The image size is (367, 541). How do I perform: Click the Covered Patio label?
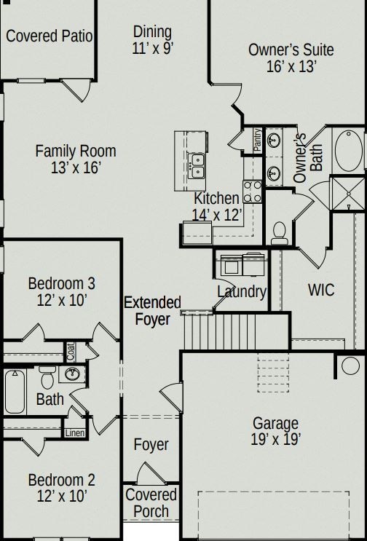49,36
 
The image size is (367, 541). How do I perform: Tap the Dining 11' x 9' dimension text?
153,49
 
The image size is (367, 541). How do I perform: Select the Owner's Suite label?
291,50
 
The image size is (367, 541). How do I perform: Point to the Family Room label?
76,151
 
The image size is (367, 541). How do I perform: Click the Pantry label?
257,139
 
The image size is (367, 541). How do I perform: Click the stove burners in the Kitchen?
253,191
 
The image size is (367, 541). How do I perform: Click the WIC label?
320,290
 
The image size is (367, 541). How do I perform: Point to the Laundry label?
242,292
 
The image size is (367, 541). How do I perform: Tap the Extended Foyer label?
152,310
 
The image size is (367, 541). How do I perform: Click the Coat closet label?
71,351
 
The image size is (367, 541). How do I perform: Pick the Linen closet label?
75,433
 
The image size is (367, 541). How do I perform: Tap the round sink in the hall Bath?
72,375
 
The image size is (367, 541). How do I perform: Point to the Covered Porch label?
151,502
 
